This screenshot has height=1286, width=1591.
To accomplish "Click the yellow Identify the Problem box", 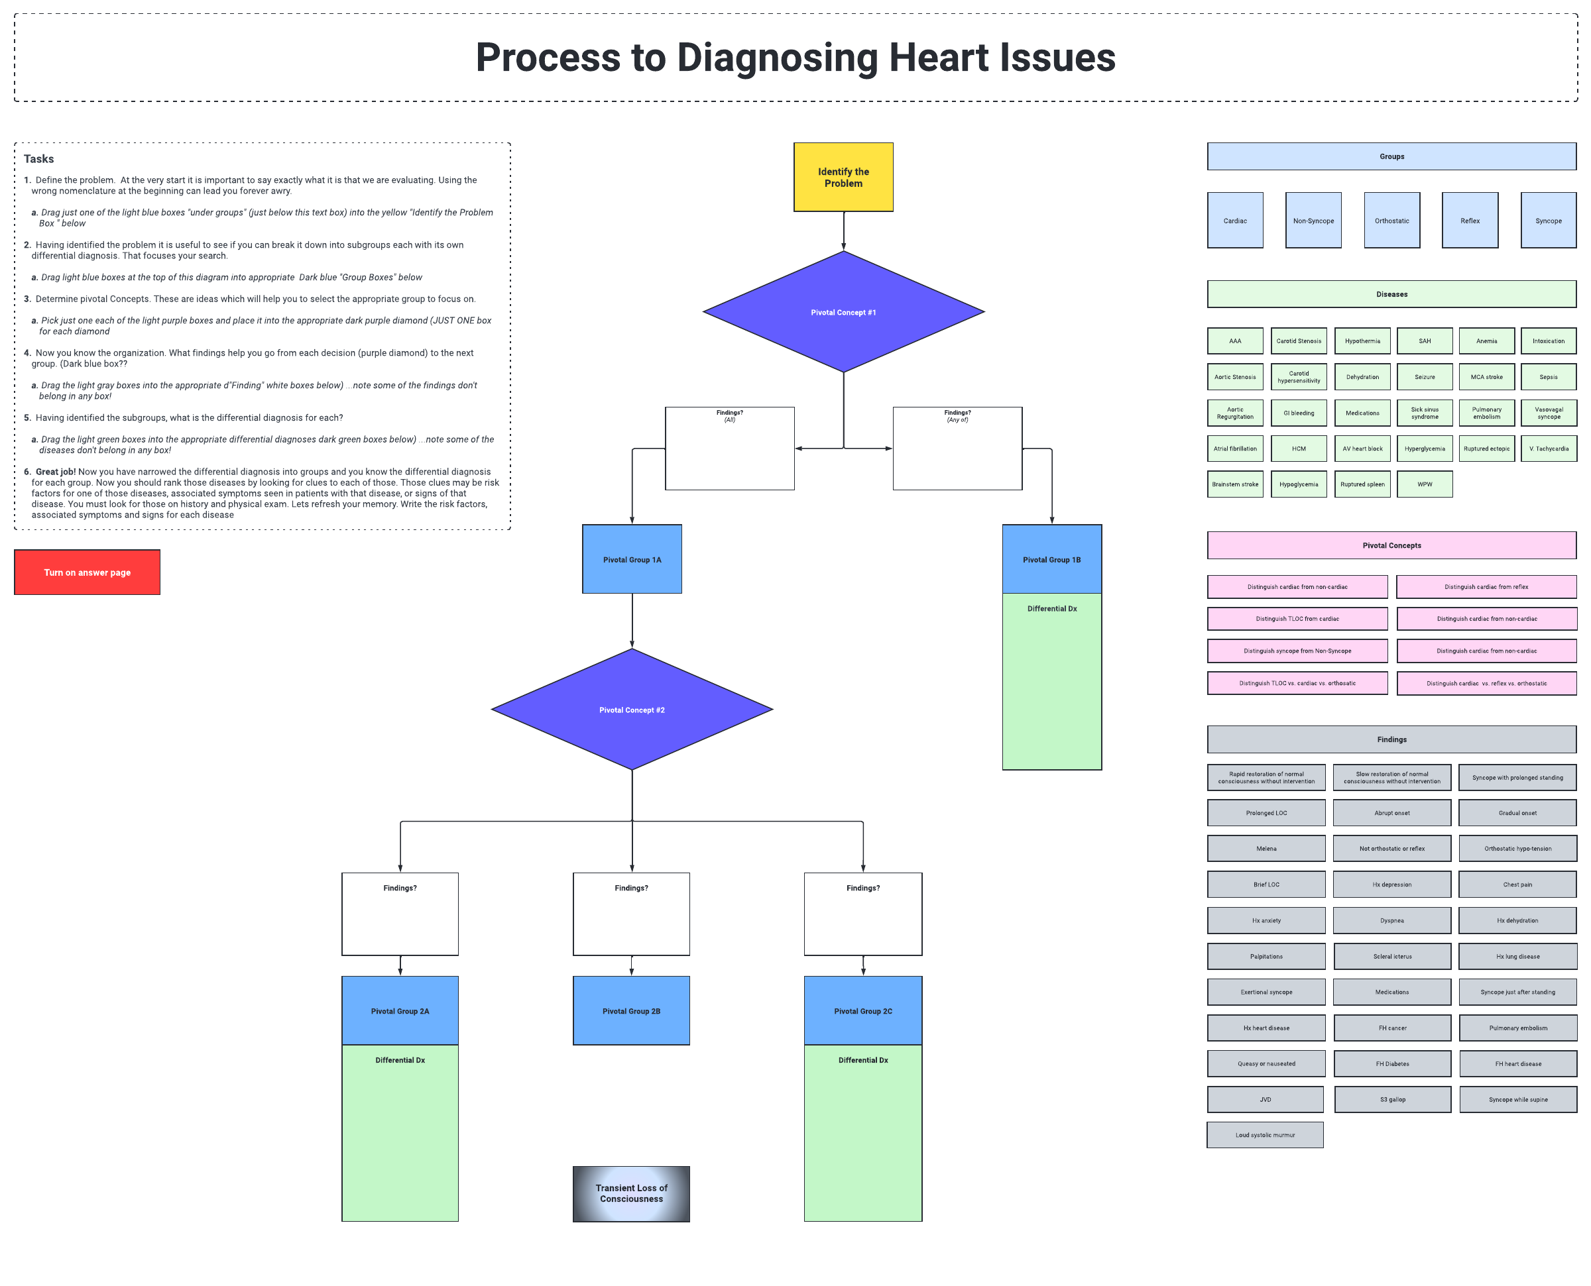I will pos(843,177).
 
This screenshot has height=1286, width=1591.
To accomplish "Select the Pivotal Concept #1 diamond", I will pos(843,312).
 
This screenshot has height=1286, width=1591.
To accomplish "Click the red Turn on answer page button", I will pos(87,572).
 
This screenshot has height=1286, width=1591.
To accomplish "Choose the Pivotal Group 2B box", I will pos(630,1010).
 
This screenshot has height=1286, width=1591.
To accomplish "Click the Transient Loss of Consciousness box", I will pos(630,1193).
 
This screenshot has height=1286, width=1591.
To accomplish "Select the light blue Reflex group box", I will pos(1470,221).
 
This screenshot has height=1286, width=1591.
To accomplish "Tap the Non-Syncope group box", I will pos(1313,221).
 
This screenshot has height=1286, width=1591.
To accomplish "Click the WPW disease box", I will pos(1424,484).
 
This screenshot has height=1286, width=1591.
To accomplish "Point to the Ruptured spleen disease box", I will pos(1362,484).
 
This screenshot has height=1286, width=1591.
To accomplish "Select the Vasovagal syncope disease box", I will pos(1548,413).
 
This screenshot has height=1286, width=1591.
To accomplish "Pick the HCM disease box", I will pos(1298,448).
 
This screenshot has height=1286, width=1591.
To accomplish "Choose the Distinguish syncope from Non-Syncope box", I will pos(1297,651).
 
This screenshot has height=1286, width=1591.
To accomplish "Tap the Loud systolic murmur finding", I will pos(1265,1134).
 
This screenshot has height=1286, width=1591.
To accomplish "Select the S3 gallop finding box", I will pos(1392,1098).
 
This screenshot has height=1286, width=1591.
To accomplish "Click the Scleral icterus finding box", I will pos(1392,955).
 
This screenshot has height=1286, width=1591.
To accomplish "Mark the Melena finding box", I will pos(1266,848).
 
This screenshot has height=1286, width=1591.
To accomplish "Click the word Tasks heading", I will pos(38,158).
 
